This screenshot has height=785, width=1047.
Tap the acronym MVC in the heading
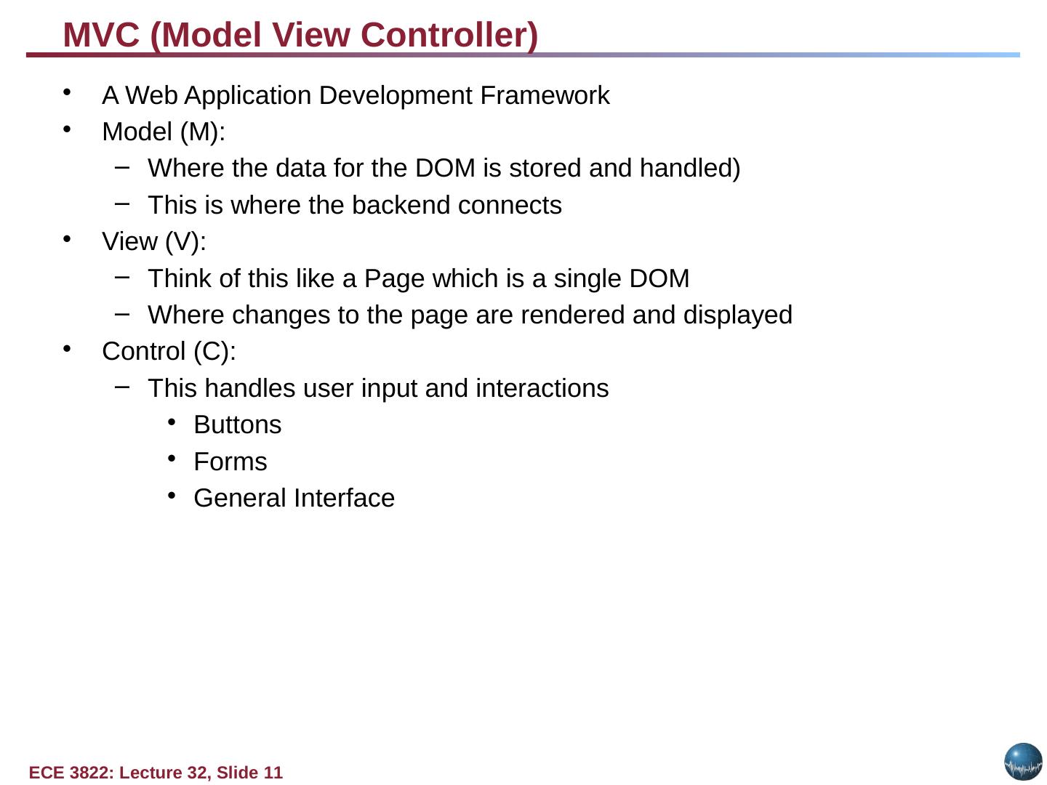click(x=101, y=35)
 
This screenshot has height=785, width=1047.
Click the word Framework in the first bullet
click(x=545, y=95)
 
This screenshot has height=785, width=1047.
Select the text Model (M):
click(x=164, y=132)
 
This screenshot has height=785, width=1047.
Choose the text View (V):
click(x=154, y=241)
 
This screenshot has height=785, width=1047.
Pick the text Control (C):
click(x=169, y=351)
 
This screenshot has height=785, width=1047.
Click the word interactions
click(x=542, y=388)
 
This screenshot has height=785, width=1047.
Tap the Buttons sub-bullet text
click(x=237, y=424)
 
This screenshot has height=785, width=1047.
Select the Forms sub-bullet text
click(x=230, y=462)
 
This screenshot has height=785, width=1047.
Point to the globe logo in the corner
click(x=1023, y=762)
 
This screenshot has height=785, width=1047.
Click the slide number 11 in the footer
click(x=273, y=773)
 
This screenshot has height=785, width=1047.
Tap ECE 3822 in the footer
click(x=71, y=773)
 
